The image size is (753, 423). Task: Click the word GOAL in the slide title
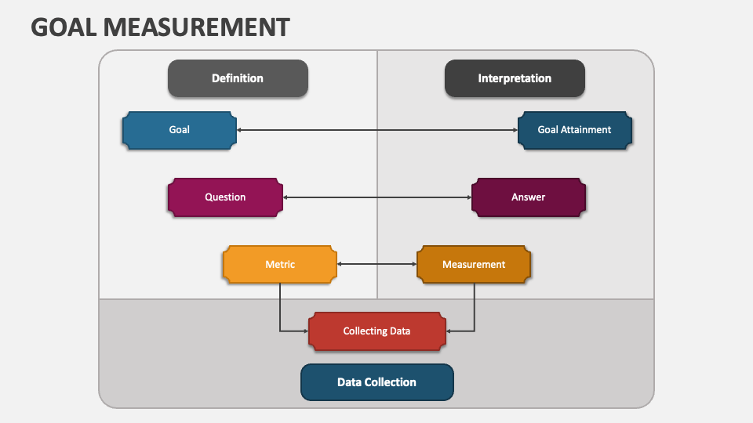pos(64,27)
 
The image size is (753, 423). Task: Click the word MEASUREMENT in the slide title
pos(196,27)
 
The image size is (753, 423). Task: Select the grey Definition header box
pos(238,78)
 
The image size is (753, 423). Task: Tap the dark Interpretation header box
pos(515,78)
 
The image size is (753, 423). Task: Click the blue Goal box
pos(180,130)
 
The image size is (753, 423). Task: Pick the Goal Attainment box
pos(574,130)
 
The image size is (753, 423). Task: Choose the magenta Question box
pos(225,197)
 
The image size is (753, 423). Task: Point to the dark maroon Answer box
pos(528,197)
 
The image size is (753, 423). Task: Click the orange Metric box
pos(280,265)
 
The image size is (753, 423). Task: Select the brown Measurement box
pos(474,265)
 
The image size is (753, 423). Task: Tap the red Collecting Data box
pos(376,331)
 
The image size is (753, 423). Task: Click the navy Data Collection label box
pos(376,382)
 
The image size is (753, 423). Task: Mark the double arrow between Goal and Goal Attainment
pos(376,130)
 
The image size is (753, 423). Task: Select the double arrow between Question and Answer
pos(376,197)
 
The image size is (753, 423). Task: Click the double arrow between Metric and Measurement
pos(376,265)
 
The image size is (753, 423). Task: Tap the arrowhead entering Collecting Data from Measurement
pos(449,331)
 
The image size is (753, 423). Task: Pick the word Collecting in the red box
pos(362,331)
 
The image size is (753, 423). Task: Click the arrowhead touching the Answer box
pos(467,197)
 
